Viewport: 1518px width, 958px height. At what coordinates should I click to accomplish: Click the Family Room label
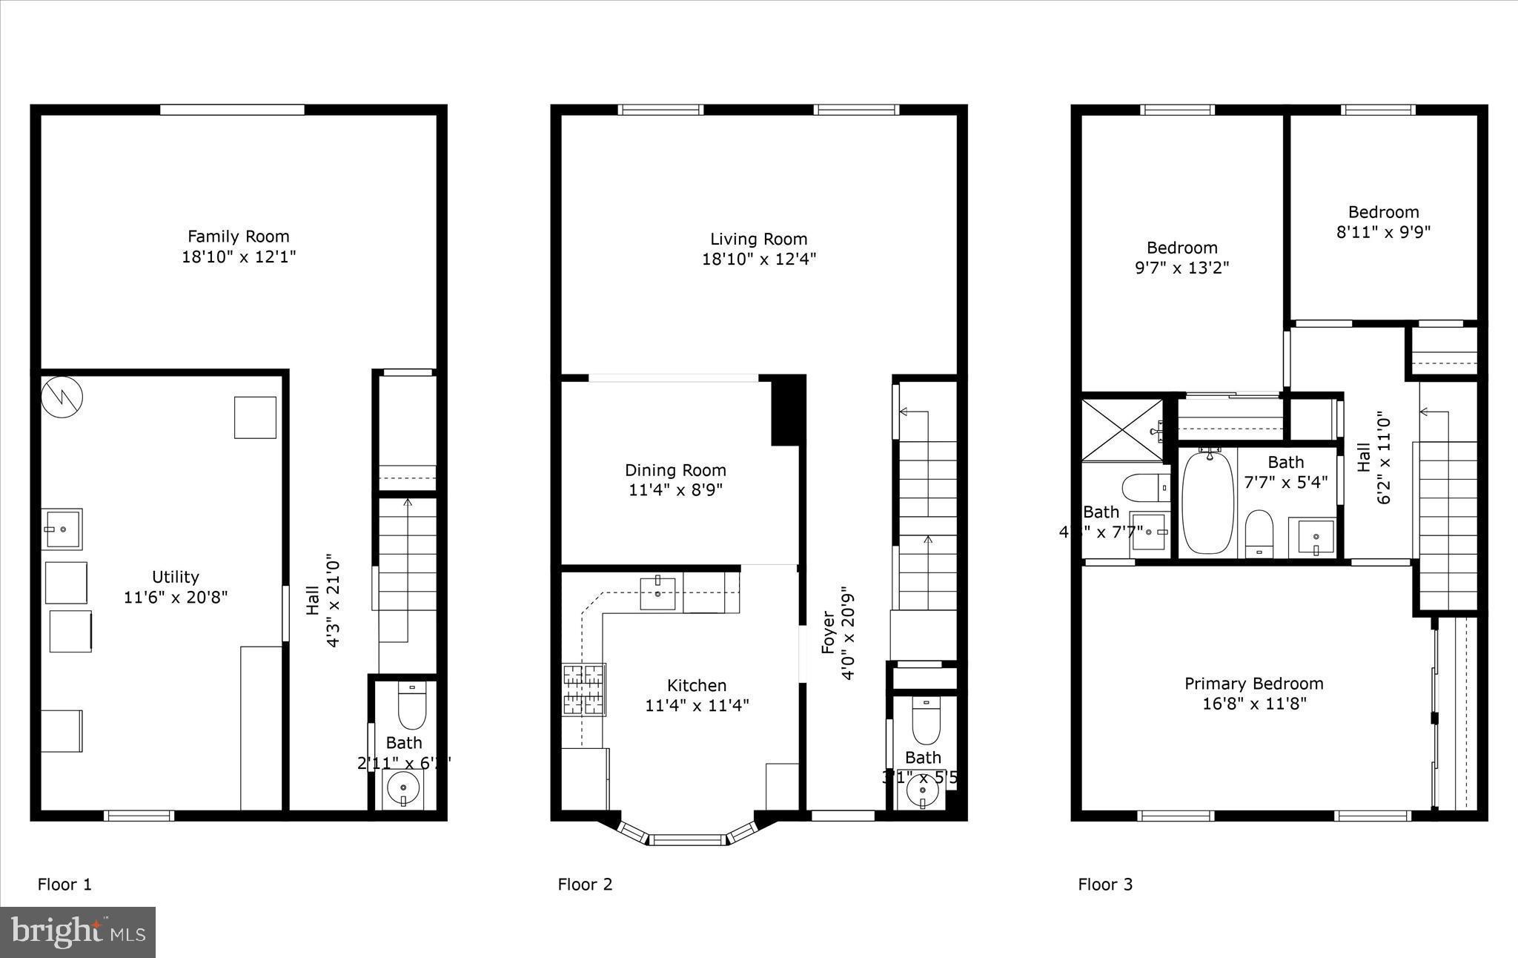click(238, 237)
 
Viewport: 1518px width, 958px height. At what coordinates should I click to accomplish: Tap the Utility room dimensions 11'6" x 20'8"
click(176, 597)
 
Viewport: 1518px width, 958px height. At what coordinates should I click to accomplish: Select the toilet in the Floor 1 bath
click(412, 706)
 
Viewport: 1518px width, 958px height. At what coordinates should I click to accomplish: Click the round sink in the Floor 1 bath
click(403, 787)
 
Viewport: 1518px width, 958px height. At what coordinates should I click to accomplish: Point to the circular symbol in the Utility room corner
click(62, 397)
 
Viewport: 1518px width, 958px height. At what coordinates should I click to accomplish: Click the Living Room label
click(758, 239)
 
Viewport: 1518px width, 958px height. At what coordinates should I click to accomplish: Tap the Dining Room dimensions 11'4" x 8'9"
click(675, 490)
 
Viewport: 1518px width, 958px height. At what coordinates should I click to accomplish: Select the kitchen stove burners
click(584, 690)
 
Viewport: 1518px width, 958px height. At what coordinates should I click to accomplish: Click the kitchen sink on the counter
click(657, 593)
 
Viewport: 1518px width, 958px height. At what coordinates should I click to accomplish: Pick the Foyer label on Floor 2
click(828, 632)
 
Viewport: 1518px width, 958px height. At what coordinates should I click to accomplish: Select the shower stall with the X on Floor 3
click(1122, 430)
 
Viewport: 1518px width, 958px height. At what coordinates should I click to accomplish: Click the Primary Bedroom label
click(1253, 684)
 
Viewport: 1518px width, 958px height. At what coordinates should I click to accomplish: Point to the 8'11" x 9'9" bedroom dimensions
click(1383, 232)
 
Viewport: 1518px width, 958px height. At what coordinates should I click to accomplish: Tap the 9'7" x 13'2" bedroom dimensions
click(1181, 268)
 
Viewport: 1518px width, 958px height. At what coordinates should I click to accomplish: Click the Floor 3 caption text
click(1105, 884)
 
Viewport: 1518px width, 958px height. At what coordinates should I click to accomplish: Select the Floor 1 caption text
click(64, 884)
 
